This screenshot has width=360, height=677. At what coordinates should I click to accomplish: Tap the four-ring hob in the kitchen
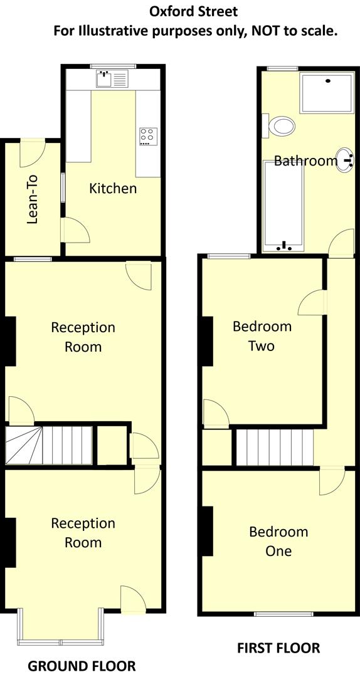pyautogui.click(x=148, y=136)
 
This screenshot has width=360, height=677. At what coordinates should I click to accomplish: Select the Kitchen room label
pyautogui.click(x=113, y=188)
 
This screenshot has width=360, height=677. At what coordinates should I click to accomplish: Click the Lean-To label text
pyautogui.click(x=33, y=199)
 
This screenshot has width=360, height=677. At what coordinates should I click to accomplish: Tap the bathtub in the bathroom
pyautogui.click(x=283, y=204)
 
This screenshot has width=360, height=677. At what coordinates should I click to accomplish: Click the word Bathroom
pyautogui.click(x=305, y=161)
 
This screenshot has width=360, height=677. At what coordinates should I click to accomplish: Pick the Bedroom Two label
pyautogui.click(x=262, y=335)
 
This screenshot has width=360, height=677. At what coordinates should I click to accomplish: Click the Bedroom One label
pyautogui.click(x=278, y=541)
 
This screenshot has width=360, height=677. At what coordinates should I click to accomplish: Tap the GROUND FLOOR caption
pyautogui.click(x=82, y=665)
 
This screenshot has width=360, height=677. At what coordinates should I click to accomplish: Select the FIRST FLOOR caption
pyautogui.click(x=278, y=648)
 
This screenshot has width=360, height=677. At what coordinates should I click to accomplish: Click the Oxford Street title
pyautogui.click(x=194, y=11)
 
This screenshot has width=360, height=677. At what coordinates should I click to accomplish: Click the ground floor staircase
pyautogui.click(x=50, y=444)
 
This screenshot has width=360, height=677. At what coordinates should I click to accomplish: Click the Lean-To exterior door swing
pyautogui.click(x=31, y=154)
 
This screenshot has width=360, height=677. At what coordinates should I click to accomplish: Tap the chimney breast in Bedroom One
pyautogui.click(x=207, y=531)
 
